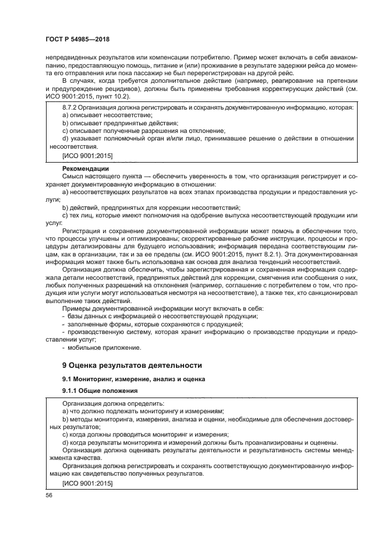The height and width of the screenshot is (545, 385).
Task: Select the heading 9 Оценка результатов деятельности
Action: click(132, 365)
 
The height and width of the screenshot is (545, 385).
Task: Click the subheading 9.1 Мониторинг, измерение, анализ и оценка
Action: click(125, 379)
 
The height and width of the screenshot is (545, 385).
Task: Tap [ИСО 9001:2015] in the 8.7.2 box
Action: click(87, 156)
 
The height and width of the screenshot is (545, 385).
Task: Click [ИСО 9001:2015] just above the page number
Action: click(87, 484)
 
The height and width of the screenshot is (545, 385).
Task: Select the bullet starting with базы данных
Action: click(163, 315)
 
